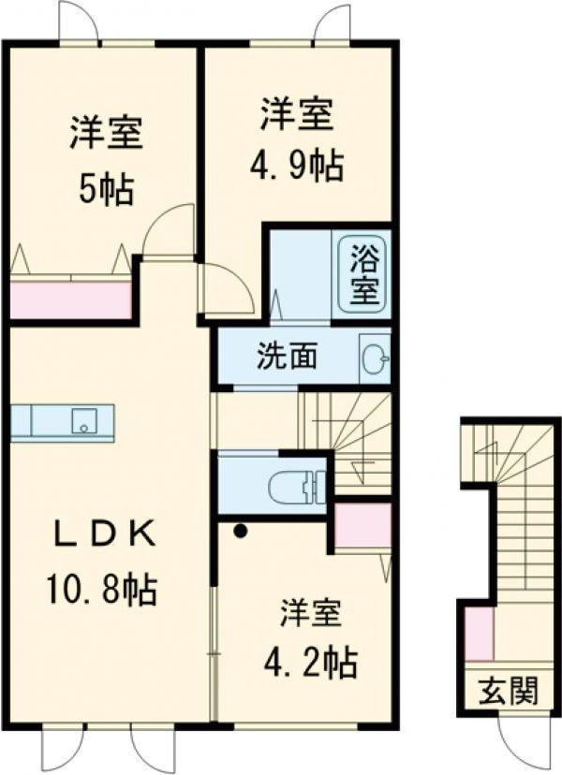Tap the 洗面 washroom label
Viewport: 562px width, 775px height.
point(288,356)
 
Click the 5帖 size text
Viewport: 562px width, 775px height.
point(105,190)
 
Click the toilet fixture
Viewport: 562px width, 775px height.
point(294,485)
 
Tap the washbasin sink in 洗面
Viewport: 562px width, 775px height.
point(376,357)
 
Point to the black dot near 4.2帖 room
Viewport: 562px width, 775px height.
point(241,531)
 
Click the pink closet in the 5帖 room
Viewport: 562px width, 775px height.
point(70,299)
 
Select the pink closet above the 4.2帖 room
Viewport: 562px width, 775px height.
point(362,526)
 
